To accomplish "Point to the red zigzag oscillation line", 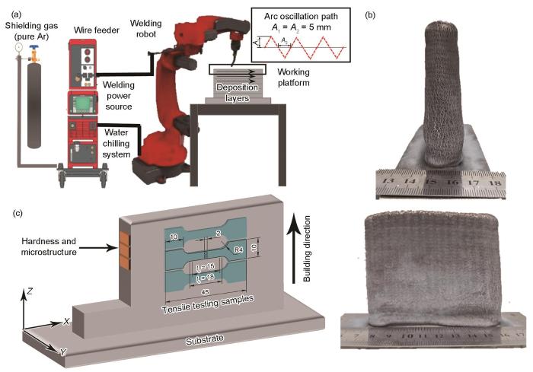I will coord(305,47).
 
